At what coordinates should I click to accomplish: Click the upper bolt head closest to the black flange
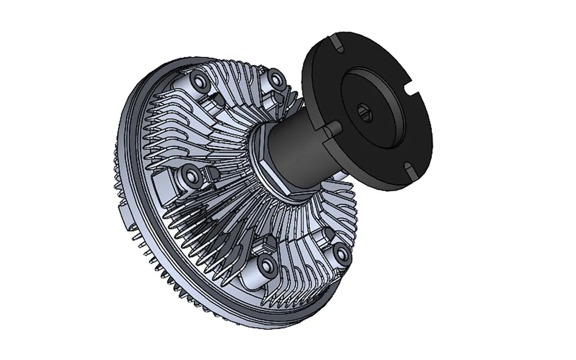coord(276,79)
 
